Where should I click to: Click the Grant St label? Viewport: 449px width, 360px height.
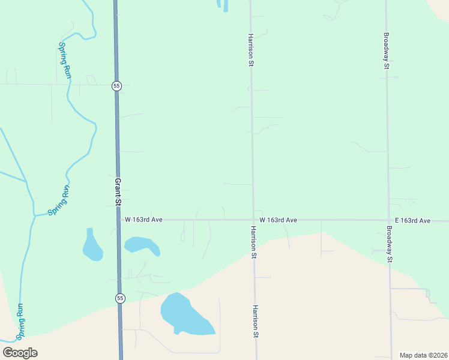[x=118, y=191]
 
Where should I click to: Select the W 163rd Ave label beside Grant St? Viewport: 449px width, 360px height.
[x=143, y=220]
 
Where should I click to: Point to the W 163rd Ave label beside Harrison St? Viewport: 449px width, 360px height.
[x=279, y=220]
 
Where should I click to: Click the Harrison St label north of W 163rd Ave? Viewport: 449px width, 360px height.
[x=250, y=50]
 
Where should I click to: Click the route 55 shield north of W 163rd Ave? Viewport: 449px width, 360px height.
[x=116, y=86]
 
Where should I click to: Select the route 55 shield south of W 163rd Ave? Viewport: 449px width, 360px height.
[x=120, y=298]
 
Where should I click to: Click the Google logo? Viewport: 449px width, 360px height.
[x=20, y=353]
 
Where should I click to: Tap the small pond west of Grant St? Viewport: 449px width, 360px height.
[x=92, y=247]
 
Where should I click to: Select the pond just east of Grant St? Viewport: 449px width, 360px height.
[x=142, y=245]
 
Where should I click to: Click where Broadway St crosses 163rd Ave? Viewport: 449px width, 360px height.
[x=388, y=220]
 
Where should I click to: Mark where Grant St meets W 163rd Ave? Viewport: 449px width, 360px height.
[x=119, y=220]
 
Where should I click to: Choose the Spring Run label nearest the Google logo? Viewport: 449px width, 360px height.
[x=21, y=320]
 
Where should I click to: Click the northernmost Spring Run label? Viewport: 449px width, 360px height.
[x=64, y=60]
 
